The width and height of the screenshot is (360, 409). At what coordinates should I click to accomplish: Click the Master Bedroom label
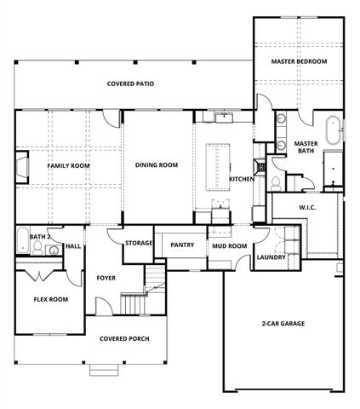coord(300,62)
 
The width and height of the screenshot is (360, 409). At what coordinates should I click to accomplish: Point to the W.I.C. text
coord(307,207)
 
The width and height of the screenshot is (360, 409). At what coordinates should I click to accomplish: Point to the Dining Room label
coord(157,165)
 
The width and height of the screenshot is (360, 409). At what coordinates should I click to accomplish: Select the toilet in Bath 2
coord(37,249)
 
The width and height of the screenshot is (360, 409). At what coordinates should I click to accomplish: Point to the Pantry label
coord(183,245)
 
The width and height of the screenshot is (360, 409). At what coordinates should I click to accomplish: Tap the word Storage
coord(139,243)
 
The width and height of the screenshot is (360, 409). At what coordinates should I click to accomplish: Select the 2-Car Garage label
coord(283,324)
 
